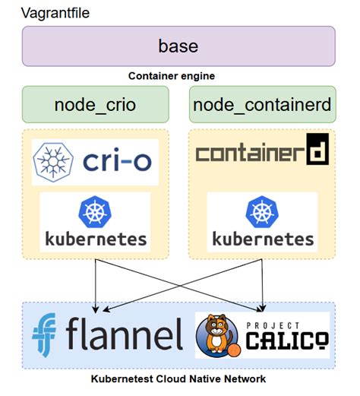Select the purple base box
[178, 46]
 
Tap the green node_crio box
[95, 104]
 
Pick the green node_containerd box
[261, 104]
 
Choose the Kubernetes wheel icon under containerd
[262, 211]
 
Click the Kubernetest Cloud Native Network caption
[178, 379]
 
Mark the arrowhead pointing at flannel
[95, 308]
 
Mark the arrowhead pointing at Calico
[263, 308]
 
